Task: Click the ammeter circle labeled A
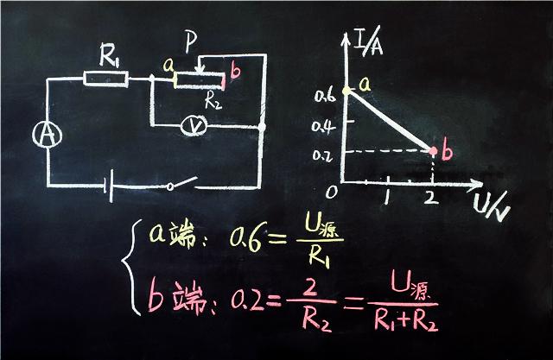(45, 135)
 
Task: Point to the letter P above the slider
(193, 41)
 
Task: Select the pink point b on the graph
(432, 151)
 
